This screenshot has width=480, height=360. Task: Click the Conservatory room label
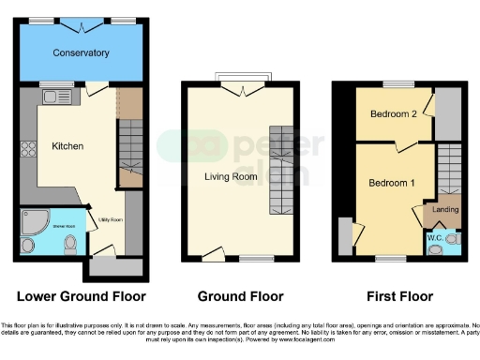tap(81, 52)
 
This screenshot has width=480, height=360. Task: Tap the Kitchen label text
tap(67, 146)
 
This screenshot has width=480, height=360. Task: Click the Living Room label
tap(231, 175)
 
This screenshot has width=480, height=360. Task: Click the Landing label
tap(444, 210)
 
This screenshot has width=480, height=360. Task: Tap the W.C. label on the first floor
tap(435, 238)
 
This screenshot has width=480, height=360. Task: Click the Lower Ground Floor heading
tap(82, 296)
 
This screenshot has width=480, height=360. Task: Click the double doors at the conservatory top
tap(81, 22)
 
